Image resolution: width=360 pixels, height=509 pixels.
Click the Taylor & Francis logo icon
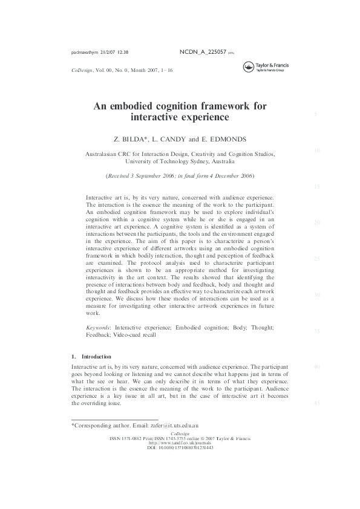click(x=247, y=68)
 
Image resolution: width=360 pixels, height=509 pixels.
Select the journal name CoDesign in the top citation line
click(x=83, y=71)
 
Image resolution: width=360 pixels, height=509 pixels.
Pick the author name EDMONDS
click(x=227, y=138)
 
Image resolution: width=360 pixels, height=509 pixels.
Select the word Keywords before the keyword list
click(x=98, y=327)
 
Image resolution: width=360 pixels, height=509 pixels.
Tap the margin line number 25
click(x=316, y=258)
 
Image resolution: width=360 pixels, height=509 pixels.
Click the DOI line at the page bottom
click(x=180, y=448)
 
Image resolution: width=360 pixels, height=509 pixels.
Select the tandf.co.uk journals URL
click(x=180, y=443)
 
